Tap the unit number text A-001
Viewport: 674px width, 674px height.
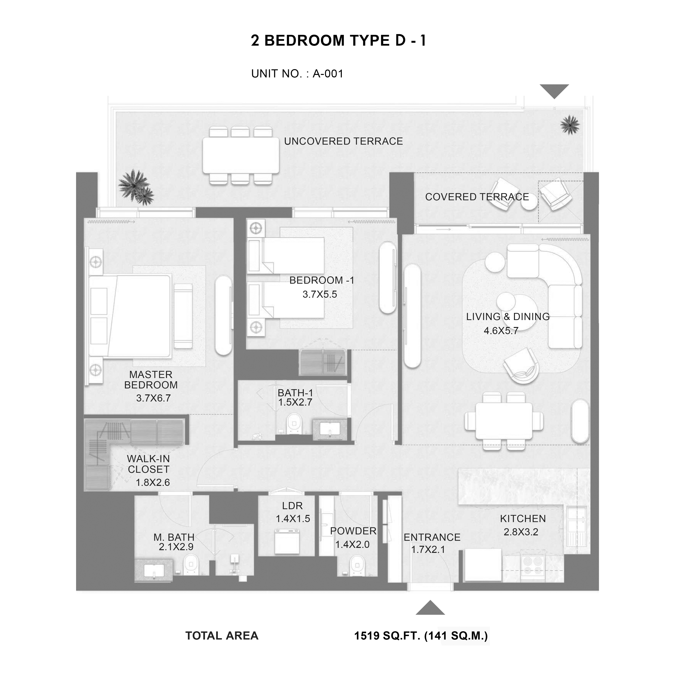coord(328,74)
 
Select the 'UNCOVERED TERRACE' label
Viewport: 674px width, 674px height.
coord(344,141)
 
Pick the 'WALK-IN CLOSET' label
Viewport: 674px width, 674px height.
coord(149,464)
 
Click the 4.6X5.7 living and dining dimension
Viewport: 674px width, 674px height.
coord(501,331)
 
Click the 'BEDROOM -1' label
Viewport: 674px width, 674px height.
coord(322,280)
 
